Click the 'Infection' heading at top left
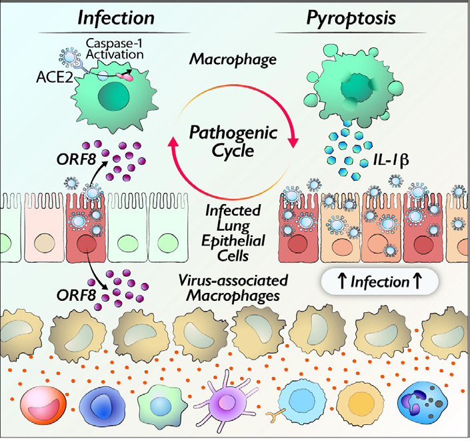(x=116, y=18)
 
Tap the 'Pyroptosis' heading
(x=351, y=19)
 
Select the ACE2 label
(x=55, y=77)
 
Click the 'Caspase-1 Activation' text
(x=115, y=49)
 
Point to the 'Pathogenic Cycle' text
(x=233, y=141)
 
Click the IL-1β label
(x=391, y=160)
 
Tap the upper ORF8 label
(x=76, y=159)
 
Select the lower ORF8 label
(x=76, y=296)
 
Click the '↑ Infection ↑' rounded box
(x=380, y=282)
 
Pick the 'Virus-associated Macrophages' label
(x=233, y=288)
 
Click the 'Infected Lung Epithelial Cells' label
(x=233, y=233)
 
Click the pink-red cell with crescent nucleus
(x=43, y=402)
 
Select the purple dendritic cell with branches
(x=225, y=402)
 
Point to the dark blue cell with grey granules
(x=423, y=402)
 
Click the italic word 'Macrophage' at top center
(x=233, y=59)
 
